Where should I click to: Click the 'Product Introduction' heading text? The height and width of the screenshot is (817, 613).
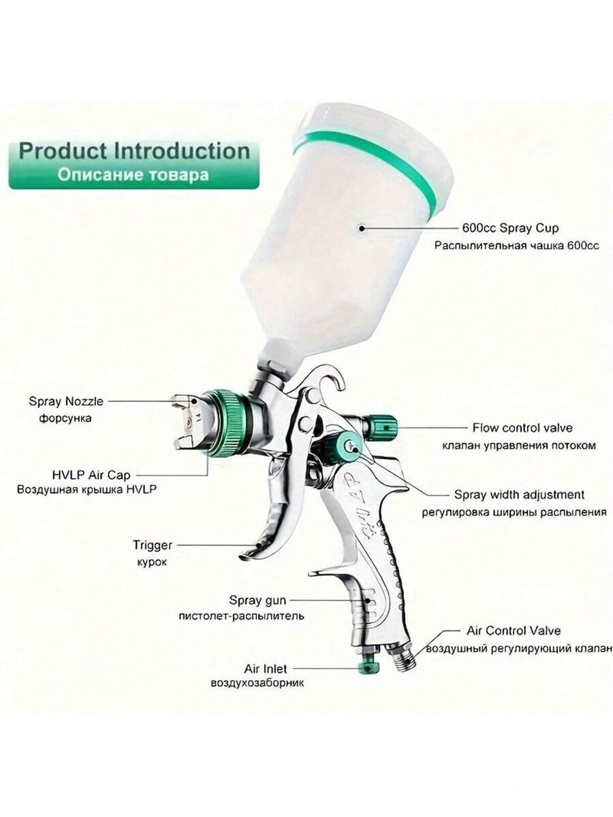click(x=134, y=152)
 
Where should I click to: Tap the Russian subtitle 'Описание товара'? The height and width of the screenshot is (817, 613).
click(x=133, y=175)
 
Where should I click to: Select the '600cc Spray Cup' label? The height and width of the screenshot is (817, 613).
click(x=510, y=228)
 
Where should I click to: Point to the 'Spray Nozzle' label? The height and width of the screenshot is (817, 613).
click(x=66, y=401)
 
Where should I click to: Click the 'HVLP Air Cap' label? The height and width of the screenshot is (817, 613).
click(x=91, y=475)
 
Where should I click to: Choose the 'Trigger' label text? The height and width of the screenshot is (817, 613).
click(x=153, y=545)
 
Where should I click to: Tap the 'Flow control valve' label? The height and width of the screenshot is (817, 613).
click(x=522, y=428)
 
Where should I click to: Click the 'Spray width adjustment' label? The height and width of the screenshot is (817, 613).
click(x=519, y=495)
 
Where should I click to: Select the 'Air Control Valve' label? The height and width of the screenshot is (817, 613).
click(x=514, y=630)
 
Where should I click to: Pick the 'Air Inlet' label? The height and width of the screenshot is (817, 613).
click(x=266, y=669)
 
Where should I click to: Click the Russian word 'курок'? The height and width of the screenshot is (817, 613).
click(x=152, y=562)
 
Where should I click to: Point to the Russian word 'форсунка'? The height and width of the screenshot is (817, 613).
click(x=65, y=418)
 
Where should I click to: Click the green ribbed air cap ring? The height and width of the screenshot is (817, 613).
click(x=223, y=423)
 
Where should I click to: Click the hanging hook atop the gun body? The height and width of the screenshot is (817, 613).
click(x=331, y=376)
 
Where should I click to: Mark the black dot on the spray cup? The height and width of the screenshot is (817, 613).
click(x=361, y=228)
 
